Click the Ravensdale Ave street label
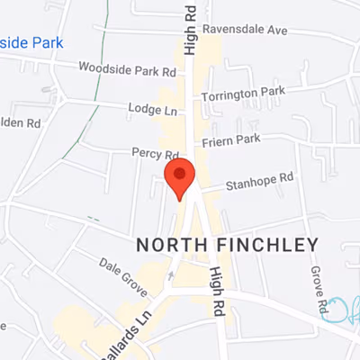[244, 30]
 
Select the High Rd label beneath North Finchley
[217, 291]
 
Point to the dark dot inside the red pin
[180, 173]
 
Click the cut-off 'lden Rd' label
[21, 121]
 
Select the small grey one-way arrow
[171, 274]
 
